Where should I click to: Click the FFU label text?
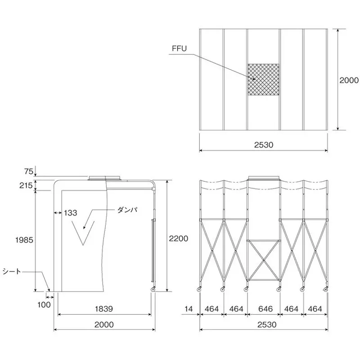(x=179, y=49)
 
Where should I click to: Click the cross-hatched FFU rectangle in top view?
(x=263, y=80)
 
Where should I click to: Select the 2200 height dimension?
(x=179, y=238)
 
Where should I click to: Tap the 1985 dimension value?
(x=24, y=240)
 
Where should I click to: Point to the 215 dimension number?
(x=26, y=185)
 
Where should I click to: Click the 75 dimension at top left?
(x=29, y=171)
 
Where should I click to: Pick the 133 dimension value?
(x=70, y=213)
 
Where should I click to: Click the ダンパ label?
(x=127, y=210)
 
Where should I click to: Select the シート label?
(x=12, y=272)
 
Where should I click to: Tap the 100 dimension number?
(x=44, y=305)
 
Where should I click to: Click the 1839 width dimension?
(x=104, y=309)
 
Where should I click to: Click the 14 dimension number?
(x=188, y=309)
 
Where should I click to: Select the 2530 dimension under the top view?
(x=264, y=145)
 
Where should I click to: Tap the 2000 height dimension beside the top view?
(x=349, y=80)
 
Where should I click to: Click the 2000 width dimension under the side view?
(x=104, y=324)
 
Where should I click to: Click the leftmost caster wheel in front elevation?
(x=199, y=289)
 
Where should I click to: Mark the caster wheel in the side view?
(x=153, y=289)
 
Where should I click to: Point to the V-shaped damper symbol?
(x=83, y=233)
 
